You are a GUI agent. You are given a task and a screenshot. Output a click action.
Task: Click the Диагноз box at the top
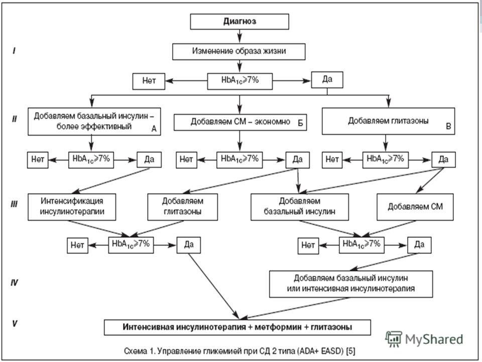click(x=239, y=22)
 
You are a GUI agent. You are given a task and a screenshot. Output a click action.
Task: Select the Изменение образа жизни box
click(x=239, y=51)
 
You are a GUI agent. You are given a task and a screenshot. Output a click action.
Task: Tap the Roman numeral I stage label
click(x=14, y=50)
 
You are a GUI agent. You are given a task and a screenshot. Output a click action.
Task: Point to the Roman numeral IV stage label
click(x=15, y=283)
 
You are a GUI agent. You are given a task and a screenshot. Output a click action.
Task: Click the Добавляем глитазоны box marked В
click(x=388, y=121)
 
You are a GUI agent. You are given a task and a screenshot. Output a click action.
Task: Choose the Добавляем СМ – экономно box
click(x=240, y=122)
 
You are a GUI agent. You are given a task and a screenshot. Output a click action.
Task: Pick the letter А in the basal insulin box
click(x=154, y=129)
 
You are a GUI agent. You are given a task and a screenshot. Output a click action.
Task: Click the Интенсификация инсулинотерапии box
click(x=72, y=207)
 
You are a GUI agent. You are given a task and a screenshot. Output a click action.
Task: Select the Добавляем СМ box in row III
click(x=415, y=207)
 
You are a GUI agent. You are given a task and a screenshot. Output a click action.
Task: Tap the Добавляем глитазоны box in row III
click(x=183, y=207)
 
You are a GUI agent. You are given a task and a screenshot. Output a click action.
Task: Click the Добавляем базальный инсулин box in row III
click(x=300, y=207)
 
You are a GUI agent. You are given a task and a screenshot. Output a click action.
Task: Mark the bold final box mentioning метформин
click(x=237, y=327)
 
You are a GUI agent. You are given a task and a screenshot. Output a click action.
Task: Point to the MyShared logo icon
click(x=394, y=339)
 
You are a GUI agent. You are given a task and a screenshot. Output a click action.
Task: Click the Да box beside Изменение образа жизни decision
click(x=327, y=80)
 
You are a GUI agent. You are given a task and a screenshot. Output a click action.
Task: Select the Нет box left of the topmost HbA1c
click(x=149, y=81)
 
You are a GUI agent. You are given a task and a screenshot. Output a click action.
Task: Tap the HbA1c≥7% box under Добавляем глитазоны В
click(x=386, y=160)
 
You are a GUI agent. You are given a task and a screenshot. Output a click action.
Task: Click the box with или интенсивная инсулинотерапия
click(x=351, y=284)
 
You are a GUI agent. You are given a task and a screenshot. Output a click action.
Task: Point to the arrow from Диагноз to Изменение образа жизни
click(x=239, y=36)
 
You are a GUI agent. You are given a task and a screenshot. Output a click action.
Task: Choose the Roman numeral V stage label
click(x=15, y=323)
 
